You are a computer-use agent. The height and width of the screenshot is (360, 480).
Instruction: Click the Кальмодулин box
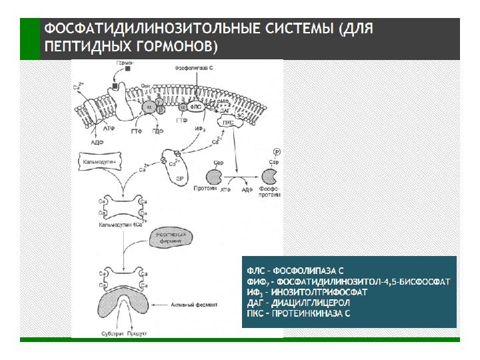click(x=99, y=162)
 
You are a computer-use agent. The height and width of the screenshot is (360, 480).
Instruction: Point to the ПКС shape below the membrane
click(x=228, y=122)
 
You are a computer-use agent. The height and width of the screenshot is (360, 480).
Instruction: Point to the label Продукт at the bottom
click(x=136, y=331)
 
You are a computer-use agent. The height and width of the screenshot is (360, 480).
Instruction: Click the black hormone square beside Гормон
click(x=116, y=86)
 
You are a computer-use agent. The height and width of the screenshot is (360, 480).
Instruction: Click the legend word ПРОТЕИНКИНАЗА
click(x=306, y=313)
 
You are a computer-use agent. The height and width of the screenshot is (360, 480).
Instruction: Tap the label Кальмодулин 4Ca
click(x=119, y=225)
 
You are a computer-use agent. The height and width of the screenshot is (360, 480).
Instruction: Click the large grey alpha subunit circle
click(x=149, y=107)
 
